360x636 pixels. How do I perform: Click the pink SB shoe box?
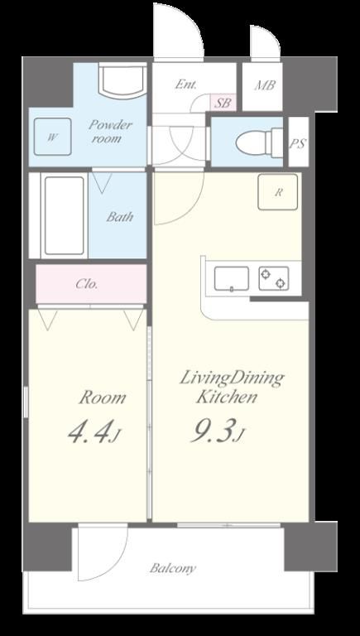[223, 102]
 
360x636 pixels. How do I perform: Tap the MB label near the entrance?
[265, 85]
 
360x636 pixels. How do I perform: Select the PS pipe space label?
[298, 143]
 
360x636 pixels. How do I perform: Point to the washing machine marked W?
[53, 137]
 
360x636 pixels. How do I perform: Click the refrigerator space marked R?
[278, 192]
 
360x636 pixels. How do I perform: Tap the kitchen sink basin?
[232, 278]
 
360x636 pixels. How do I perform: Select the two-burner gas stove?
[274, 278]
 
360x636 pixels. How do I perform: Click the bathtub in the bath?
[65, 215]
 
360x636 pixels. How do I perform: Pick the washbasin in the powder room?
[122, 79]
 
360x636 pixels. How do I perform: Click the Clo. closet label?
[87, 284]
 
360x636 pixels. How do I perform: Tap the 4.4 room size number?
[89, 433]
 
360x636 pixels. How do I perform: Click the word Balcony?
[173, 569]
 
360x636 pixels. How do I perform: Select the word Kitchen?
[226, 397]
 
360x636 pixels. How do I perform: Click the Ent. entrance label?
[185, 84]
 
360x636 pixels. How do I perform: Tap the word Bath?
[120, 217]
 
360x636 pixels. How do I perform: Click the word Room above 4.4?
[102, 397]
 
